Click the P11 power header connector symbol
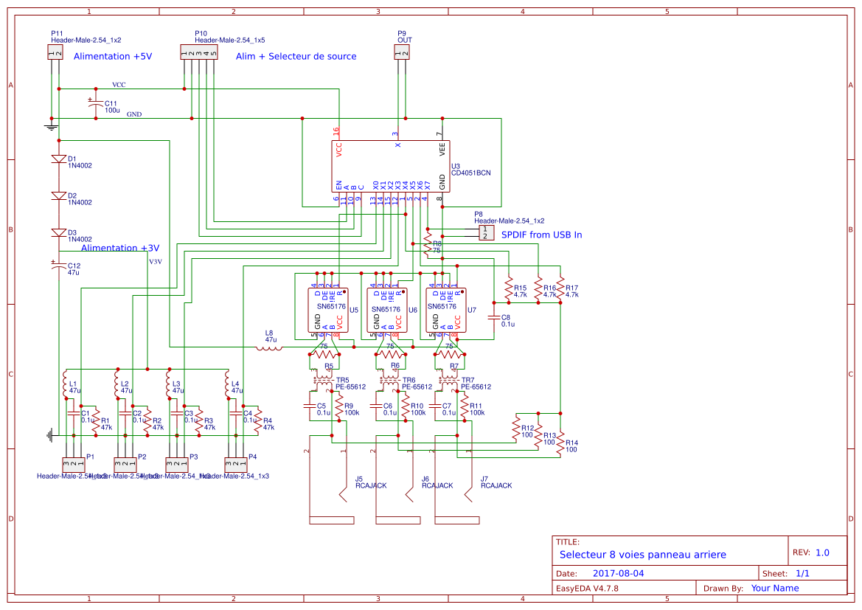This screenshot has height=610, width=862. point(55,52)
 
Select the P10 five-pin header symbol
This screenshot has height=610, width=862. point(199,52)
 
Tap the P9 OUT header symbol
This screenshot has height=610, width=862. point(402,52)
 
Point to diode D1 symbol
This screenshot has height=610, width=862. point(59,159)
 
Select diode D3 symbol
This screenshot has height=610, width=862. point(59,233)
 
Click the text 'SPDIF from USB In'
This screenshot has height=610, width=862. point(541,235)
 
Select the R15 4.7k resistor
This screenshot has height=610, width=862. point(508,286)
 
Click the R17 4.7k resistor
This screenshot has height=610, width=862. point(560,286)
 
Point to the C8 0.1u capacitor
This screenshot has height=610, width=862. point(494,318)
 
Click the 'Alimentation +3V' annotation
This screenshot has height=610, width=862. point(119,249)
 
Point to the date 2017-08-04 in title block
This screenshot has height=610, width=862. point(618,573)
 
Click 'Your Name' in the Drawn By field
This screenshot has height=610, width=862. point(774,588)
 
